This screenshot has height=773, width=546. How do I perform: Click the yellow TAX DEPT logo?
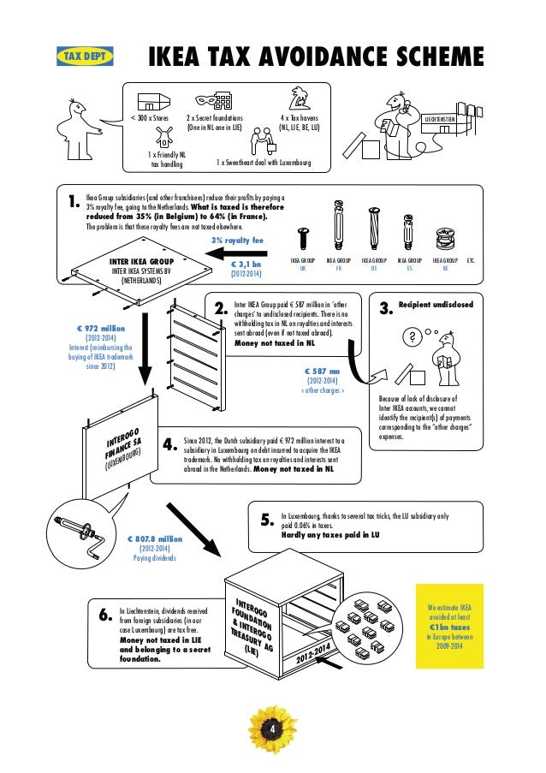[x=83, y=56]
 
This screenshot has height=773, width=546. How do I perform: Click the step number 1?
[x=73, y=204]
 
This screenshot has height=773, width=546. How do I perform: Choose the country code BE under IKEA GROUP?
[x=445, y=266]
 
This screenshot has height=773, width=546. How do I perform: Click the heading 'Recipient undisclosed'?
[x=436, y=304]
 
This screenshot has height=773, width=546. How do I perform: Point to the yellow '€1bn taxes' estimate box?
[x=449, y=625]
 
